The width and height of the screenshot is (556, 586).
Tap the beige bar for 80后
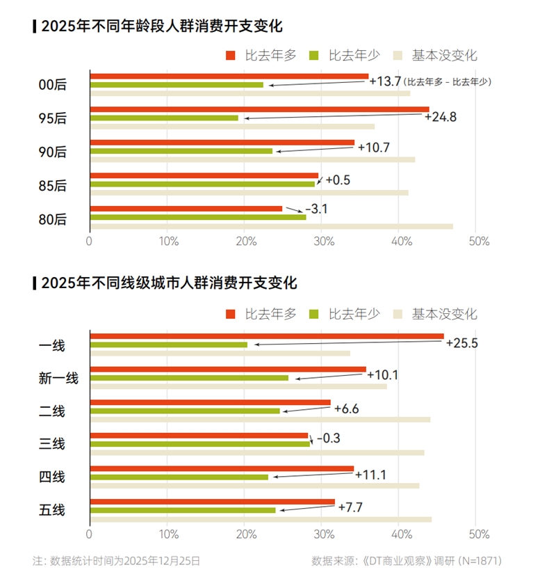coord(271,226)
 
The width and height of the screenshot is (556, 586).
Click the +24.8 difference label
coord(440,116)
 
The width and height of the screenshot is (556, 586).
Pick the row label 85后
coord(52,185)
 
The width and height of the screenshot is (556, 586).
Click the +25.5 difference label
coord(461,343)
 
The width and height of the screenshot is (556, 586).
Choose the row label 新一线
coord(58,378)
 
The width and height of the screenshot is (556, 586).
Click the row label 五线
coord(52,510)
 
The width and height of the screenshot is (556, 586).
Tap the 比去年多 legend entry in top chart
coord(261,56)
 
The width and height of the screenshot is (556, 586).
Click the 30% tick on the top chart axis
coord(320,241)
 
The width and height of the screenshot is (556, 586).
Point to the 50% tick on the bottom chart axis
coord(479,534)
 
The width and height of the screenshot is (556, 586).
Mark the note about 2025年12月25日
coord(117,560)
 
